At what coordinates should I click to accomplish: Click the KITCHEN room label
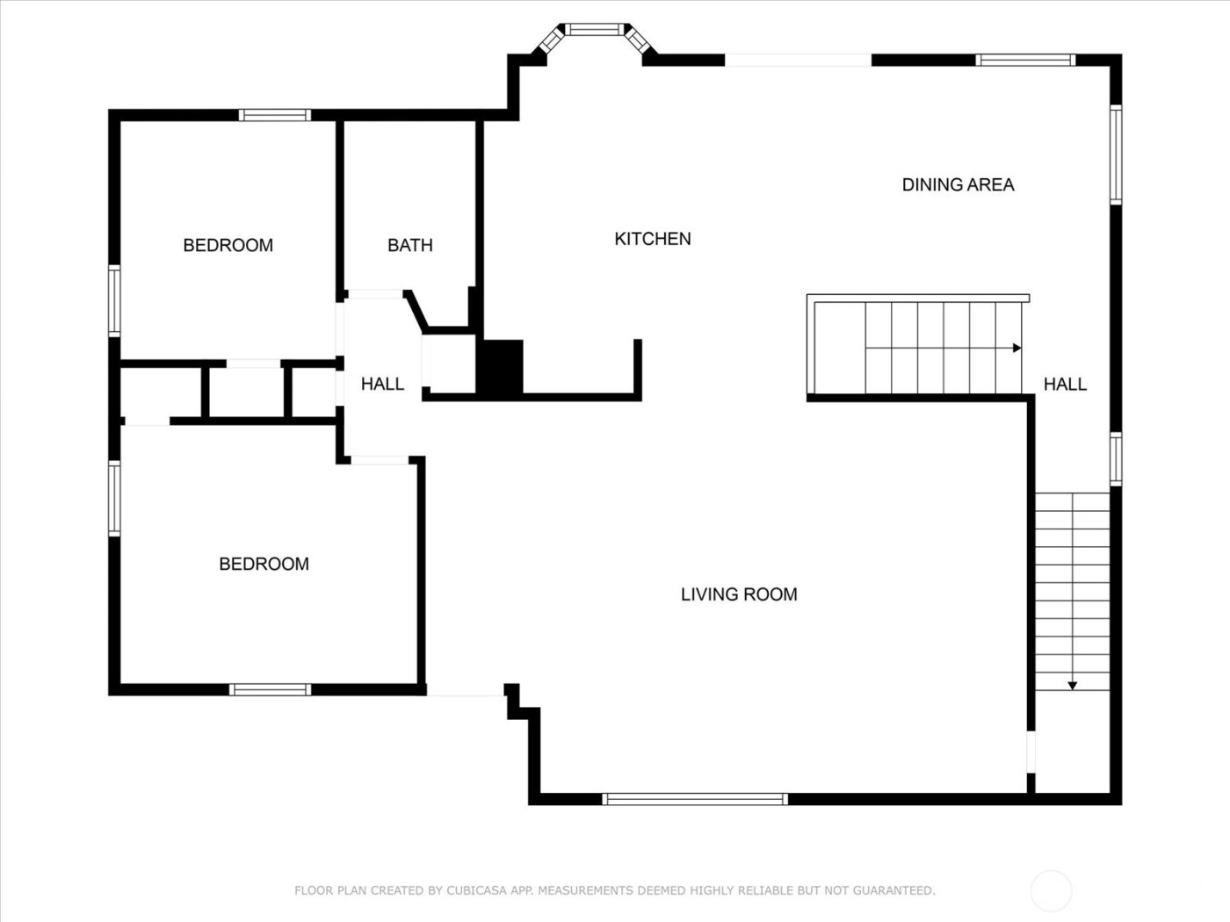coord(652,239)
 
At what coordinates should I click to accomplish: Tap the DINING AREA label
coord(958,184)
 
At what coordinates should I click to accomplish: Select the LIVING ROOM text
coord(739,594)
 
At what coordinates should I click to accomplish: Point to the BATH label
coord(409,245)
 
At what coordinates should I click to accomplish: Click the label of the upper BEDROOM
coord(228,245)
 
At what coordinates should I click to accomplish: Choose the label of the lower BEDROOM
coord(264,564)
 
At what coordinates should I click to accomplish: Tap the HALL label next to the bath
coord(382,384)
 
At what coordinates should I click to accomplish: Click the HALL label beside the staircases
coord(1065,384)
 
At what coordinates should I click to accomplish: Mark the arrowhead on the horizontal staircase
coord(1017,348)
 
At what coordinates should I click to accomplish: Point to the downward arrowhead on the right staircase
coord(1073,685)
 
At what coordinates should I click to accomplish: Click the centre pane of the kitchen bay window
coord(595,29)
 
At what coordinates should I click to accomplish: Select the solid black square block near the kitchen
coord(499,366)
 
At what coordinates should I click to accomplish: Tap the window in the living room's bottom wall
coord(694,799)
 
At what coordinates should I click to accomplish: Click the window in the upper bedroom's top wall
coord(275,115)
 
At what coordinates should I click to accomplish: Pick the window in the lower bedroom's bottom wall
coord(270,690)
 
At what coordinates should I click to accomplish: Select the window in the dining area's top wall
coord(1025,61)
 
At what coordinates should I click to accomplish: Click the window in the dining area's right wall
coord(1116,155)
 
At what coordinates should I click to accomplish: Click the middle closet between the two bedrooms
coord(245,392)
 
